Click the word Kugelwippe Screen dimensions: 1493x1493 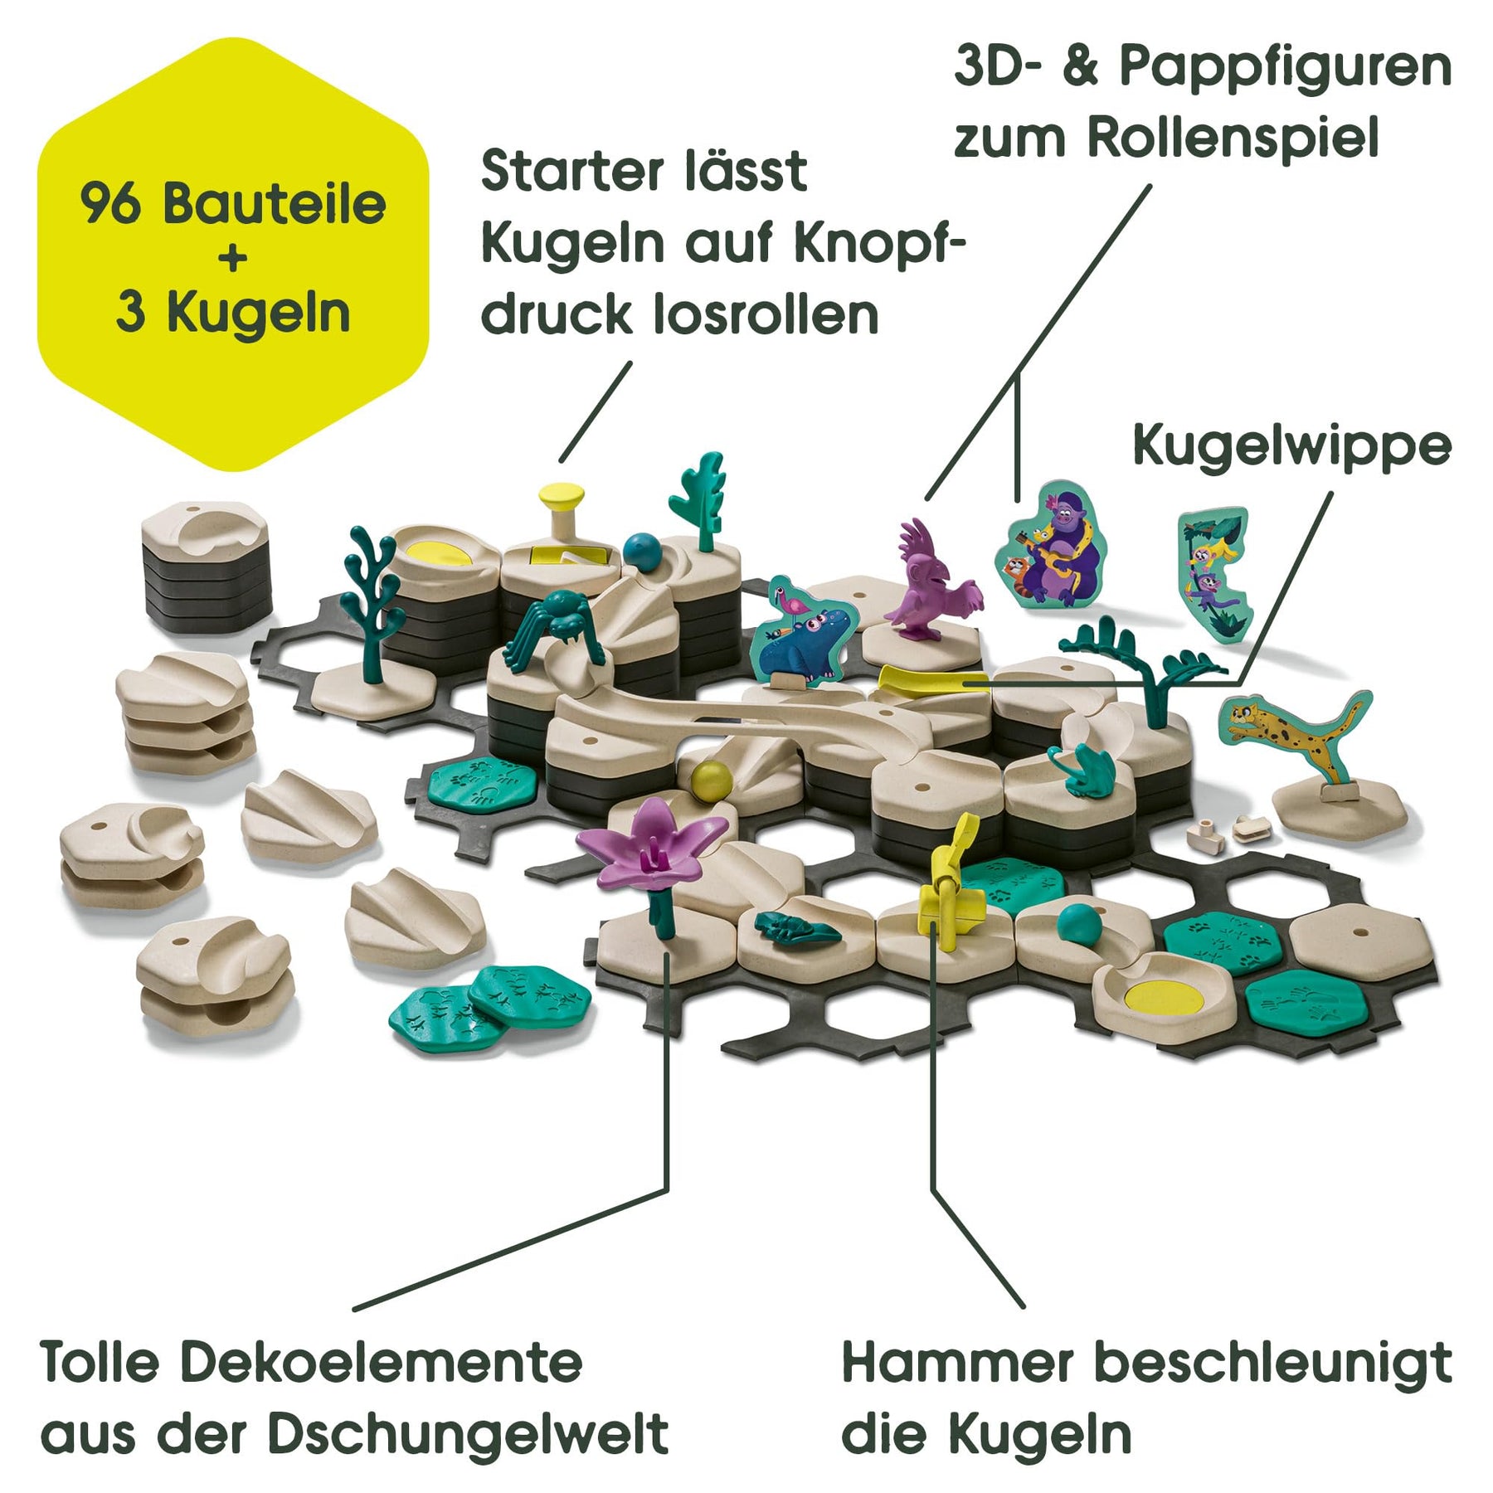1291,446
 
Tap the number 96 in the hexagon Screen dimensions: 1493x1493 109,205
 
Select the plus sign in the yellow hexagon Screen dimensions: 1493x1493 233,258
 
